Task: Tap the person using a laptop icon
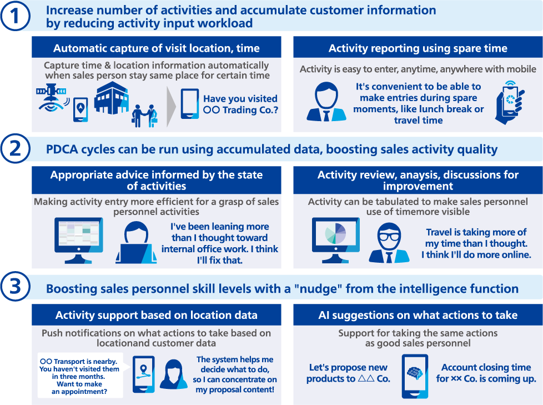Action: (136, 243)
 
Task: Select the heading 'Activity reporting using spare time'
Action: (418, 48)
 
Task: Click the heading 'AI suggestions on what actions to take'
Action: (418, 315)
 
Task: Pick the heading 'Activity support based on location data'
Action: (156, 315)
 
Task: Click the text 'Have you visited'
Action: (240, 99)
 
